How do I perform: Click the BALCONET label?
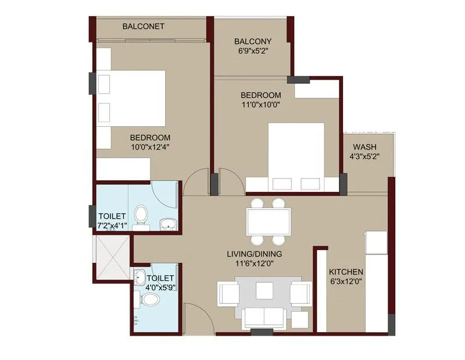point(143,26)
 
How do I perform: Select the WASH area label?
point(364,147)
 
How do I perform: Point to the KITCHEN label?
point(346,272)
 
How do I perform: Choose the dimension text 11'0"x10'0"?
point(261,105)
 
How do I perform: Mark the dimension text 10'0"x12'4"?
point(149,147)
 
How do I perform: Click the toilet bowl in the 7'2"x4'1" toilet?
point(141,215)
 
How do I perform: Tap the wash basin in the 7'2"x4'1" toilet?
point(168,224)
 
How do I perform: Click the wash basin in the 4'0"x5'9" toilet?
point(139,276)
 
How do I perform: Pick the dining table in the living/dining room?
point(268,221)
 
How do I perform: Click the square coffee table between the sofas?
point(264,290)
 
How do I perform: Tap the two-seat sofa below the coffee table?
point(264,318)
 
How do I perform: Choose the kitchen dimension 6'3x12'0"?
point(346,282)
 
